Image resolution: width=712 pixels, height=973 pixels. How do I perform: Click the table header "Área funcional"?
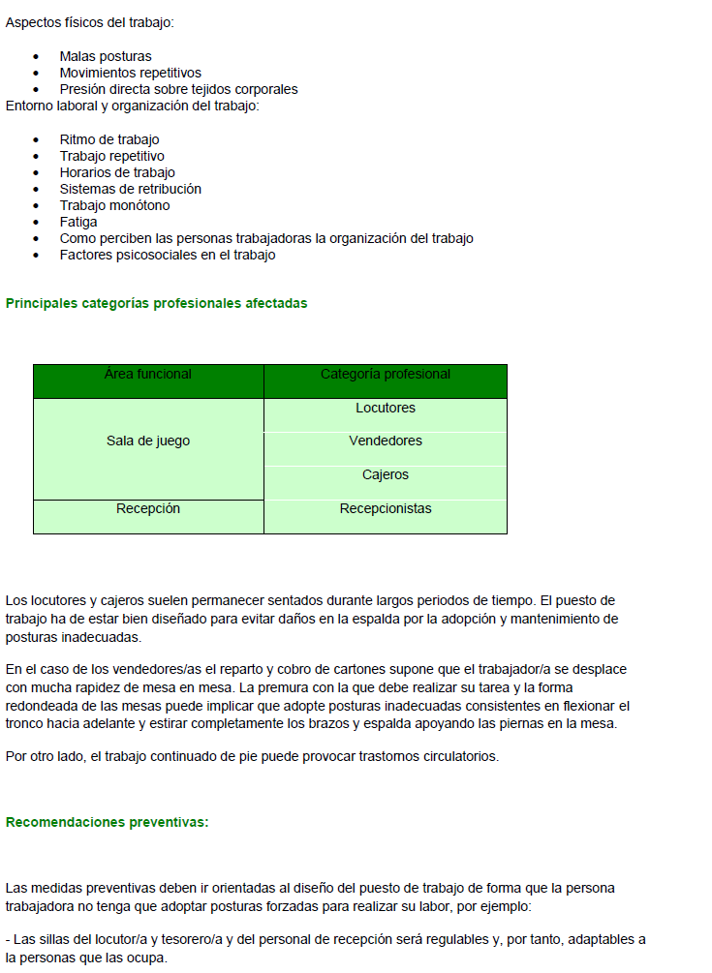(148, 375)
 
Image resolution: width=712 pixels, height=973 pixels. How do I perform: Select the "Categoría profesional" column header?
(385, 375)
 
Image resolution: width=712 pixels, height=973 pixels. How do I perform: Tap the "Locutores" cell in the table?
(385, 409)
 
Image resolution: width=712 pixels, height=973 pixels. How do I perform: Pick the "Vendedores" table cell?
(385, 441)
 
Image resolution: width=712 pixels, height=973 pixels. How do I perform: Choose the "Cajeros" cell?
(385, 475)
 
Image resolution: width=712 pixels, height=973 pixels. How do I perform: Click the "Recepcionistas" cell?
(385, 509)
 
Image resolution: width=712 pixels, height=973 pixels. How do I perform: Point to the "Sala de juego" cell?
(148, 441)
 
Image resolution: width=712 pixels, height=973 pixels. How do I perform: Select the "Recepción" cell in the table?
(148, 509)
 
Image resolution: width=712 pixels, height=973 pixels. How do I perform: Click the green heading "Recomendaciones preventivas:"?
(107, 823)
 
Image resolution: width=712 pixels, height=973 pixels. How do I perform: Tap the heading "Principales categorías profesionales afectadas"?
(156, 304)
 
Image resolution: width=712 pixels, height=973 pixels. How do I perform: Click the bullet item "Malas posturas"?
(106, 57)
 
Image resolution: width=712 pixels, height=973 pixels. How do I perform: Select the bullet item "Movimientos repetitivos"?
(130, 74)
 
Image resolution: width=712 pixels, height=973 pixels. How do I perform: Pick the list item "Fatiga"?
(78, 223)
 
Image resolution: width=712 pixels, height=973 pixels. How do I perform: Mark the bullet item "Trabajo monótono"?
(114, 206)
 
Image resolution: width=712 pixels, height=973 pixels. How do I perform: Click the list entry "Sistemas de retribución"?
(130, 190)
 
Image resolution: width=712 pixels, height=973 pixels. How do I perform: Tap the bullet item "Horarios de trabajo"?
(117, 173)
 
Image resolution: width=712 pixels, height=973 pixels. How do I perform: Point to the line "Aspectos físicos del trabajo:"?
(90, 22)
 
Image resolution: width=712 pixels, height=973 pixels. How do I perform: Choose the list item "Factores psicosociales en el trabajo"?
(168, 256)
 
